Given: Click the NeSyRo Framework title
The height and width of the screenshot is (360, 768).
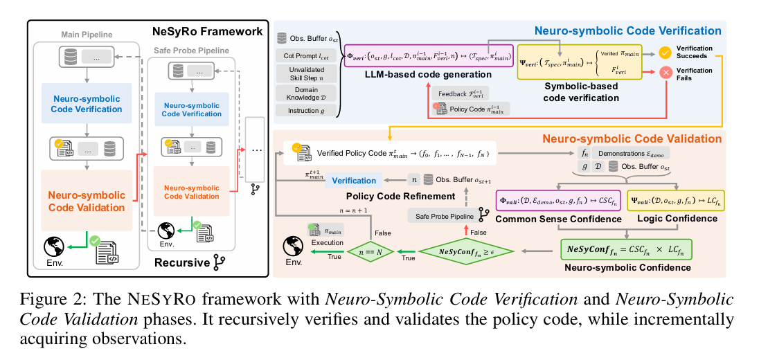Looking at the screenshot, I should [207, 31].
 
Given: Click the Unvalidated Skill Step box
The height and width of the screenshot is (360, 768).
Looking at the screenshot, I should [305, 73].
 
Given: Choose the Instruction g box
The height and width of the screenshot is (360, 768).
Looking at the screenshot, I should [305, 110].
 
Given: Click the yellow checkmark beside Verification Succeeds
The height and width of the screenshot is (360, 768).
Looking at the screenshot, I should [665, 53].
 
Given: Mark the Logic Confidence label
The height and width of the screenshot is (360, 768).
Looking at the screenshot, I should [675, 219].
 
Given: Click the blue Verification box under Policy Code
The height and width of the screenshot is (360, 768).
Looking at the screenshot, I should [354, 180].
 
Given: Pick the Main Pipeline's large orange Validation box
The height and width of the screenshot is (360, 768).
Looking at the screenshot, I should [86, 201].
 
